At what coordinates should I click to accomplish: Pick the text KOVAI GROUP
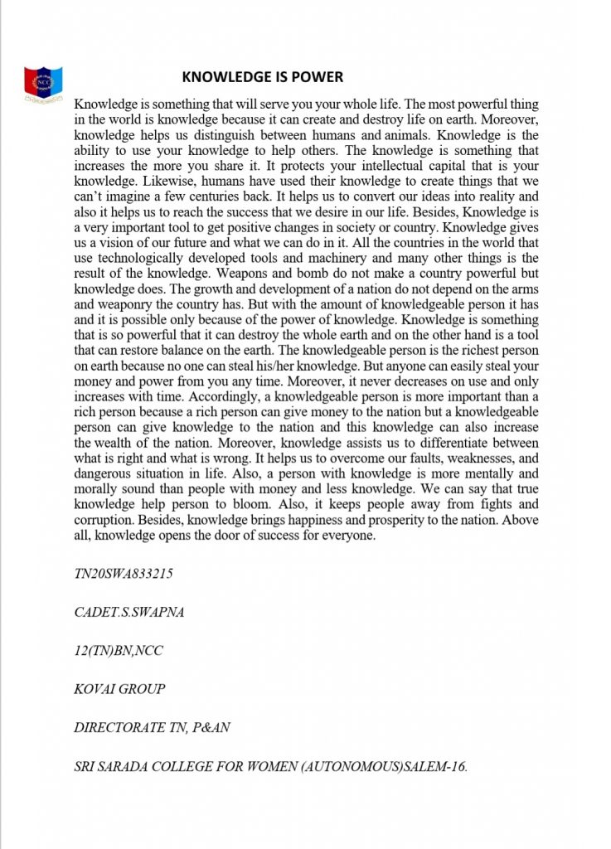coord(120,689)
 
